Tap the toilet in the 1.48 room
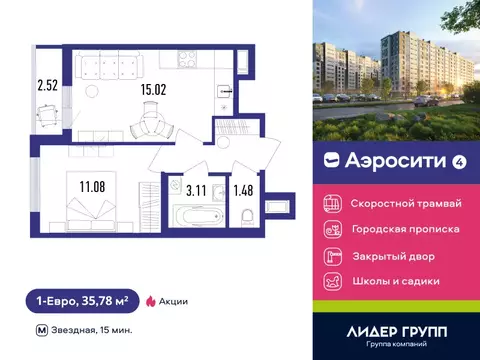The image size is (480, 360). (x=245, y=215)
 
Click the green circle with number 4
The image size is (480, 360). (x=431, y=159)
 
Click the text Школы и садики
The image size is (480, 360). (x=395, y=281)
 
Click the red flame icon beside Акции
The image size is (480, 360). (x=151, y=300)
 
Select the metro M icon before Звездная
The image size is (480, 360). (x=39, y=329)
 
